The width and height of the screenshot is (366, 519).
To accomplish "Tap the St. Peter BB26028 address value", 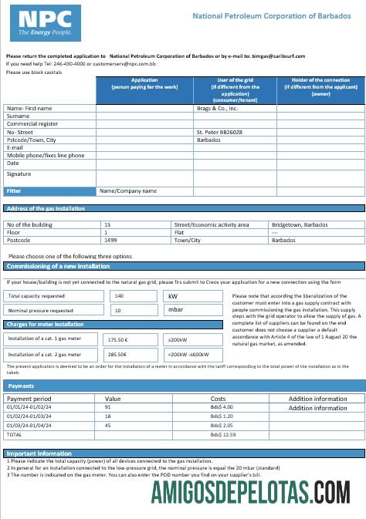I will coord(221,132).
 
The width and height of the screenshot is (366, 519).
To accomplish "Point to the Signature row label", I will coord(19,174).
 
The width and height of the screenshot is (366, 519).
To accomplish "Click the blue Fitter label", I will coord(14,190).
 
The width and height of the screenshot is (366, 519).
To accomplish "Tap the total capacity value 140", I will coord(119,295).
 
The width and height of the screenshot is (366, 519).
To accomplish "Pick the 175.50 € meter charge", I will coord(117,339).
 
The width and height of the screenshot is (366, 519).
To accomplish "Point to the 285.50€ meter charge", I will coord(117,354).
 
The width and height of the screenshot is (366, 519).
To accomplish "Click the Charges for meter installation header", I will coord(46,325).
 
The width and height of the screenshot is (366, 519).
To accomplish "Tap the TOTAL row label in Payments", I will coord(15,435).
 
